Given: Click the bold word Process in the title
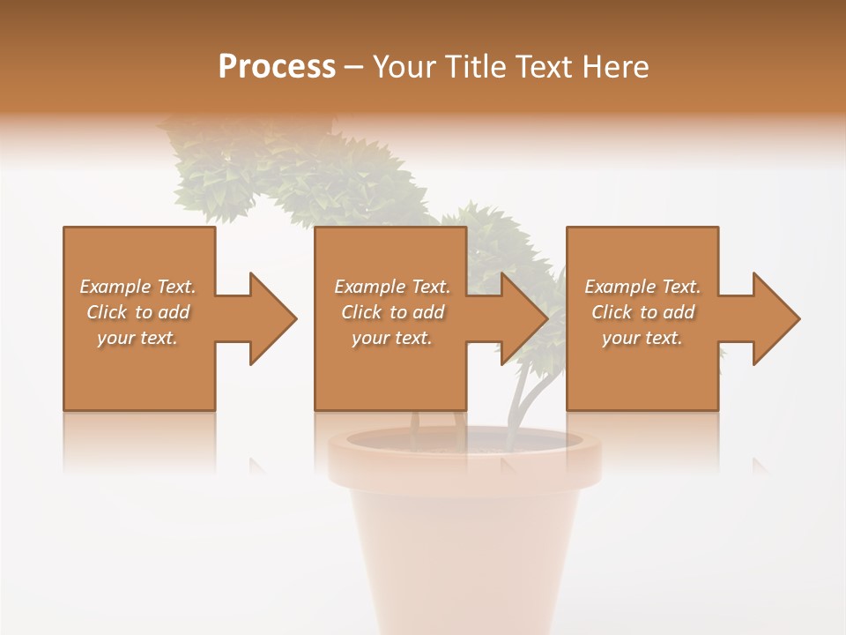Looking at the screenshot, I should (277, 67).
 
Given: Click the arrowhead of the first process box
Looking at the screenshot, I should (271, 318).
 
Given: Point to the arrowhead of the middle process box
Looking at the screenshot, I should (523, 318).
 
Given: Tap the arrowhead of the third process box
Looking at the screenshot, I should (775, 318).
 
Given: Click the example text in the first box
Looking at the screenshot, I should (138, 312).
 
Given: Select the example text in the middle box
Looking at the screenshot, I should (392, 312).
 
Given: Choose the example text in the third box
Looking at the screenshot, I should (642, 312).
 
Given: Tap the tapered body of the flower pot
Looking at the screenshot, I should (464, 547).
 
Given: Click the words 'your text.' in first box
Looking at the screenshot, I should (138, 338).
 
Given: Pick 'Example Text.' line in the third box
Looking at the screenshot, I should (642, 287).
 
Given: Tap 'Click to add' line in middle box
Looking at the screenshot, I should (392, 312).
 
